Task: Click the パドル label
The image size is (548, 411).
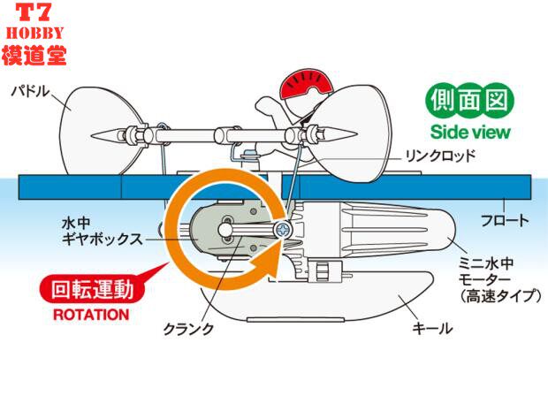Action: coord(30,92)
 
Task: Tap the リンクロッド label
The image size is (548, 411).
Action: coord(439,156)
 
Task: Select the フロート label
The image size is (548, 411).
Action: coord(505,221)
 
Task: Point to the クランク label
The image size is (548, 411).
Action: coord(188,329)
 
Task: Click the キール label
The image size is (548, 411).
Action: coord(433,328)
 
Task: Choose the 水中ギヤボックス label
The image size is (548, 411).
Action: coord(102,232)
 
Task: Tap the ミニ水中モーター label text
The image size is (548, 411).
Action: coord(499,279)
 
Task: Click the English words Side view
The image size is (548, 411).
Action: coord(470,132)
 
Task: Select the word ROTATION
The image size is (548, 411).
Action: coord(91,315)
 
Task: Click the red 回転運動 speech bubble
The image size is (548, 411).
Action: coord(93,289)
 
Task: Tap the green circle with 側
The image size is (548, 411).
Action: coord(442,101)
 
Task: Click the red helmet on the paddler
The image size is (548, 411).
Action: coord(306,82)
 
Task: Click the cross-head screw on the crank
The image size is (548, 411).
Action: coord(281,231)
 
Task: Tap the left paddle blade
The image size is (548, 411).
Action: coord(102,131)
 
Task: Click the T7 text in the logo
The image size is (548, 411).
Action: coord(34,13)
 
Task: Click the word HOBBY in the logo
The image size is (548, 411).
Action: coord(34,34)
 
